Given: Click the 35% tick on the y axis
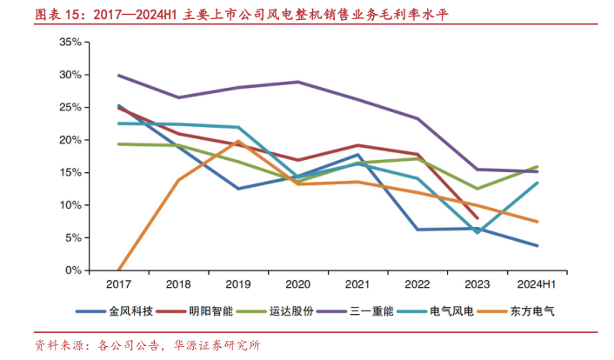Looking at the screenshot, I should (70, 42).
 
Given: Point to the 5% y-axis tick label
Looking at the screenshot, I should (73, 237).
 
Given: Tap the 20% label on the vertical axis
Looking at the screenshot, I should (70, 140).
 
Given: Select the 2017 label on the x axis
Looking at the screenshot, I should (118, 284).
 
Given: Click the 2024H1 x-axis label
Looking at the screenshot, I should (537, 284).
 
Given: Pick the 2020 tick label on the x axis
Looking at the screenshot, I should (297, 284).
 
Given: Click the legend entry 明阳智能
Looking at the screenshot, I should (210, 310).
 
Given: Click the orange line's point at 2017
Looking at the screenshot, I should (118, 270).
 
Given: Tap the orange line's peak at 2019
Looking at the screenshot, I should (237, 141).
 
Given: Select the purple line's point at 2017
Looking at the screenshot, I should (118, 76).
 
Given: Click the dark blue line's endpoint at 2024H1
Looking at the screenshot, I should (537, 246).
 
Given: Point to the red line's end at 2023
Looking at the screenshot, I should (477, 218).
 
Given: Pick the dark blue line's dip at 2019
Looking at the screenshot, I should (237, 189).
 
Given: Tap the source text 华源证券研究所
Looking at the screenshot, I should (217, 344).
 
